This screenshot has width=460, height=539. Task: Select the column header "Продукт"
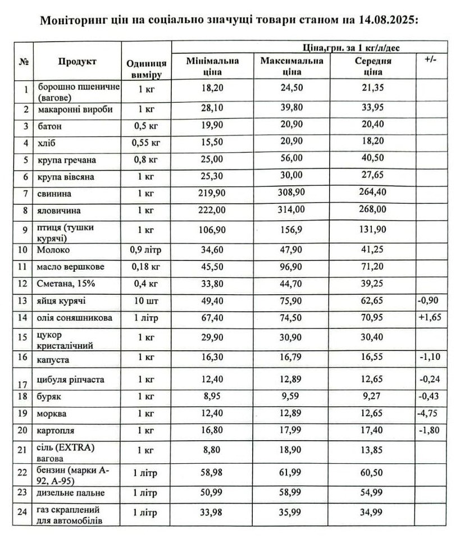[77, 61]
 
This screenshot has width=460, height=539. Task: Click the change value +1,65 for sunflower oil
[430, 317]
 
